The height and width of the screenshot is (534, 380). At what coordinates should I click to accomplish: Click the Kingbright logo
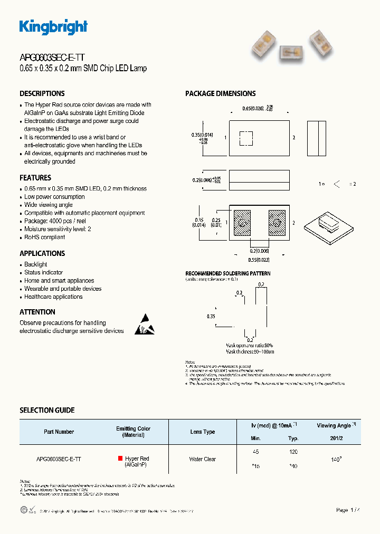(53, 27)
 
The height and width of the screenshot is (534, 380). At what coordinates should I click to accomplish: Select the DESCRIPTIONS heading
(42, 93)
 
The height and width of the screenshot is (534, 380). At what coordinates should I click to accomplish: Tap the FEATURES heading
(35, 178)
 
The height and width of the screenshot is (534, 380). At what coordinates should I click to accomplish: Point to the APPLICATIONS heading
(42, 253)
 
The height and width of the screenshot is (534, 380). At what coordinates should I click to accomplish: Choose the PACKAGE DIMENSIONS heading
(220, 93)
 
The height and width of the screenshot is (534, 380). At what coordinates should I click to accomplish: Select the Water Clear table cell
(203, 459)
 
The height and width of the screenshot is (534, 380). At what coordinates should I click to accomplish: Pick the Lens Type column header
(203, 432)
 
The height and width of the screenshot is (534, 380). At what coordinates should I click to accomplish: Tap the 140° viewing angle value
(336, 460)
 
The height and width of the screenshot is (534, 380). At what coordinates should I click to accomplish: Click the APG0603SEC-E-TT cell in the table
(59, 459)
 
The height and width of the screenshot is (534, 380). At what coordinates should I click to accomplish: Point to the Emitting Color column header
(134, 432)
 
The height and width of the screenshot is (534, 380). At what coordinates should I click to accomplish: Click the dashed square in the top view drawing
(246, 138)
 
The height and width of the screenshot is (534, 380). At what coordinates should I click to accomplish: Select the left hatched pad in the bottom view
(242, 223)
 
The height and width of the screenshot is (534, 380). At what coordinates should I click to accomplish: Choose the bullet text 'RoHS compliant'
(45, 237)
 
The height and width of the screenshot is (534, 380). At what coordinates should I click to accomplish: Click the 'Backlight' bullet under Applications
(36, 264)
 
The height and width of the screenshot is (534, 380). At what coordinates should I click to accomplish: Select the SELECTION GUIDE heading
(47, 410)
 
